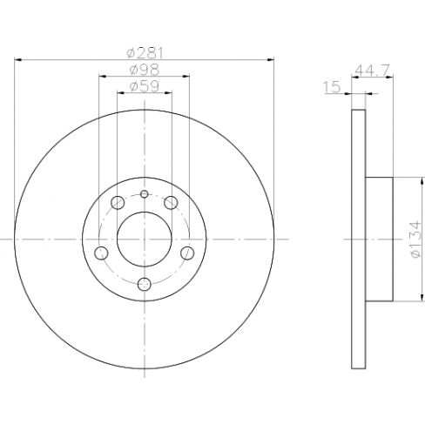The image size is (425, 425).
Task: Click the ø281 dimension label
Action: [145, 53]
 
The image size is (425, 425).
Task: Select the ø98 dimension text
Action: [145, 70]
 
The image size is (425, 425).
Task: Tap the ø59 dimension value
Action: [145, 86]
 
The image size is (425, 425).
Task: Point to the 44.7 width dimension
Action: [373, 71]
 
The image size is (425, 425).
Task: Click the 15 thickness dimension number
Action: [332, 87]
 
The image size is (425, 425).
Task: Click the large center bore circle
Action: [145, 239]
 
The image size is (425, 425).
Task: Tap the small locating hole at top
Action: [145, 194]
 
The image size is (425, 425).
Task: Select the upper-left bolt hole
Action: [118, 202]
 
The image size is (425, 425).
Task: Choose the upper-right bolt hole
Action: [171, 202]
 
